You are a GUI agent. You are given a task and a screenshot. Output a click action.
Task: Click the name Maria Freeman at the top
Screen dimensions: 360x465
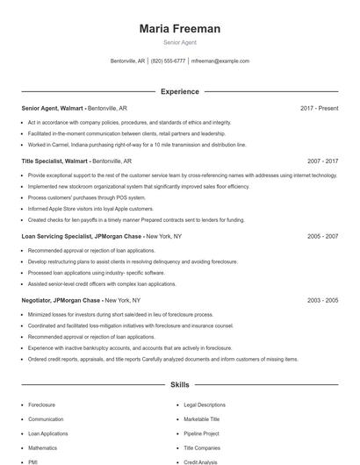click(x=179, y=29)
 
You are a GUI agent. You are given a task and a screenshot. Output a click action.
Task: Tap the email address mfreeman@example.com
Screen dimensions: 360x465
click(x=220, y=61)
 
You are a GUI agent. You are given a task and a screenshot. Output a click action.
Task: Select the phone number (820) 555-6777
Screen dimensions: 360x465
click(x=168, y=61)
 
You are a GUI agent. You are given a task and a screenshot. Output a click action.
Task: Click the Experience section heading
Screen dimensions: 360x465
click(x=179, y=91)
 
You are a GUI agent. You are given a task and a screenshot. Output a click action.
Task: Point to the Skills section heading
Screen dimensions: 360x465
click(x=179, y=384)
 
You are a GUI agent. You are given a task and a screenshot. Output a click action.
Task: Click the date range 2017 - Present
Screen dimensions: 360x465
click(x=318, y=108)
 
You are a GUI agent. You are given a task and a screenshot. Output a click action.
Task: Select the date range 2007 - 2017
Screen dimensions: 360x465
click(x=322, y=161)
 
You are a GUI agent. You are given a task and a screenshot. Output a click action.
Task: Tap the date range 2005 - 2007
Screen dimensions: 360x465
click(x=322, y=236)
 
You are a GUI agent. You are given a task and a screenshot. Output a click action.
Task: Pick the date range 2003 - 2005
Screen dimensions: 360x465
click(x=322, y=300)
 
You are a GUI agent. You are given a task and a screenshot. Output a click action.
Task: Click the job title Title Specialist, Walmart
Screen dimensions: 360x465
click(x=54, y=161)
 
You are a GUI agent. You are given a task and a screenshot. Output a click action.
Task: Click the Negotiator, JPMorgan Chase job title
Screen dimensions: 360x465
click(x=62, y=300)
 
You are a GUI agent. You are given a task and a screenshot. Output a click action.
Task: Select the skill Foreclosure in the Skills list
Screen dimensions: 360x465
click(x=42, y=404)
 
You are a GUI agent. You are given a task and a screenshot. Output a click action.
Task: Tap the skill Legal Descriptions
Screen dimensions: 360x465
click(x=204, y=404)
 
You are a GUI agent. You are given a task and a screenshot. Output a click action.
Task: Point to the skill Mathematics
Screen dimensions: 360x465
click(x=42, y=447)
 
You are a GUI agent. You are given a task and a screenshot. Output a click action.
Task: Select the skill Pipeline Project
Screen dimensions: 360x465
click(x=200, y=433)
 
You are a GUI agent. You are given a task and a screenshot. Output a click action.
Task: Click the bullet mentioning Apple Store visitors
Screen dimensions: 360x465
click(x=90, y=209)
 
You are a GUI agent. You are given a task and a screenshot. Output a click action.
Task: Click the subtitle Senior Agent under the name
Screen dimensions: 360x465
click(x=179, y=42)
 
